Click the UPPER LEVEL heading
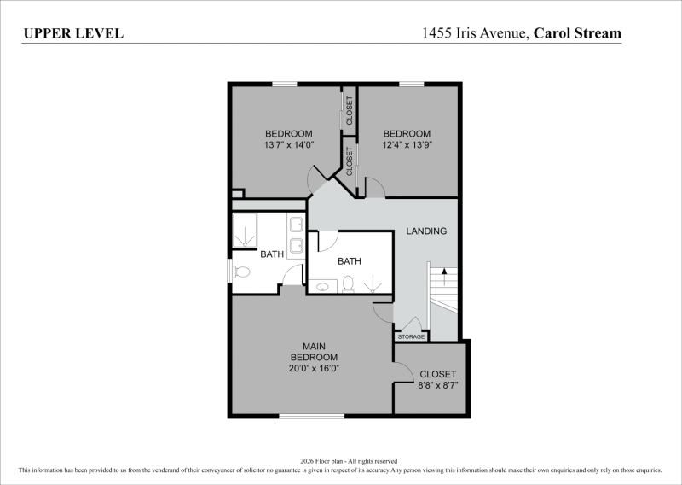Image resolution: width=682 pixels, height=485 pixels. pyautogui.click(x=73, y=33)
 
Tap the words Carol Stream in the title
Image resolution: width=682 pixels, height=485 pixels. pyautogui.click(x=577, y=33)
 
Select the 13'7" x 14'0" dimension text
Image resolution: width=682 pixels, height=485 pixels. pyautogui.click(x=289, y=144)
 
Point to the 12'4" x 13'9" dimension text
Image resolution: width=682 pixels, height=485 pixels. pyautogui.click(x=407, y=144)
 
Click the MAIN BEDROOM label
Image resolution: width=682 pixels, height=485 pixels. pyautogui.click(x=314, y=352)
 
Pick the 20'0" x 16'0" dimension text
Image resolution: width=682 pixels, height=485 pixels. pyautogui.click(x=314, y=368)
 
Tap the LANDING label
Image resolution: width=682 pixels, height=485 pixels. pyautogui.click(x=426, y=231)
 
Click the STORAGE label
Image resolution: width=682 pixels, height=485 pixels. pyautogui.click(x=411, y=336)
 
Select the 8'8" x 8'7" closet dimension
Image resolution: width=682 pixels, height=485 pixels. pyautogui.click(x=438, y=385)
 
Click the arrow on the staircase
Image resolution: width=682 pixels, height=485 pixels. pyautogui.click(x=444, y=277)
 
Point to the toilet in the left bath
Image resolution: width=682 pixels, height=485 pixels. pyautogui.click(x=240, y=272)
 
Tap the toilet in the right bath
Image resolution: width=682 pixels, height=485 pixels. pyautogui.click(x=348, y=283)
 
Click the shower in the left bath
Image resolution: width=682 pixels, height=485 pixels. pyautogui.click(x=245, y=230)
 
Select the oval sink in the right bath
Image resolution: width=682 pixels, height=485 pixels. pyautogui.click(x=322, y=287)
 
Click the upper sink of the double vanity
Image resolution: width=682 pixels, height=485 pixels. pyautogui.click(x=297, y=225)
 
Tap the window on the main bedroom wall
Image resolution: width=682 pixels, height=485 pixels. pyautogui.click(x=311, y=417)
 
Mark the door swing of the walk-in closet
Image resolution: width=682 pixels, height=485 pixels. pyautogui.click(x=403, y=371)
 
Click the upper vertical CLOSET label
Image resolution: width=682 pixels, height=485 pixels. pyautogui.click(x=350, y=110)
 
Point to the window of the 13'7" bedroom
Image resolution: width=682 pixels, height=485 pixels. pyautogui.click(x=285, y=84)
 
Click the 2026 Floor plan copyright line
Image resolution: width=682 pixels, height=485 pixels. pyautogui.click(x=349, y=461)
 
